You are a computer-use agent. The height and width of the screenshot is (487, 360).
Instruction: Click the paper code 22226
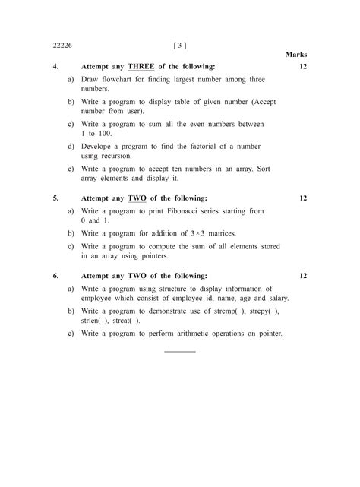(x=62, y=46)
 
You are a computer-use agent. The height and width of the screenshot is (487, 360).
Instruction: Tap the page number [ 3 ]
(x=180, y=46)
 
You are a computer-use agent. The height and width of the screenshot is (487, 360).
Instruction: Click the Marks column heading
(x=296, y=55)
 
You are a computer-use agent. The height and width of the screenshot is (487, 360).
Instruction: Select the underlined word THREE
(x=141, y=67)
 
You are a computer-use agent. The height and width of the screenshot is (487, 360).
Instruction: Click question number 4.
(x=56, y=67)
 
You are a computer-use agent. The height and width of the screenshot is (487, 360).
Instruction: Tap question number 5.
(x=56, y=198)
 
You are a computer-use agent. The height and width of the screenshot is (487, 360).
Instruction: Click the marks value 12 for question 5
(x=302, y=198)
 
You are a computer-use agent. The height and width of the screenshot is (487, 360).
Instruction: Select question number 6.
(x=56, y=276)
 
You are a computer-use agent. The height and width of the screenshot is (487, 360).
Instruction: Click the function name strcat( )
(x=125, y=321)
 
